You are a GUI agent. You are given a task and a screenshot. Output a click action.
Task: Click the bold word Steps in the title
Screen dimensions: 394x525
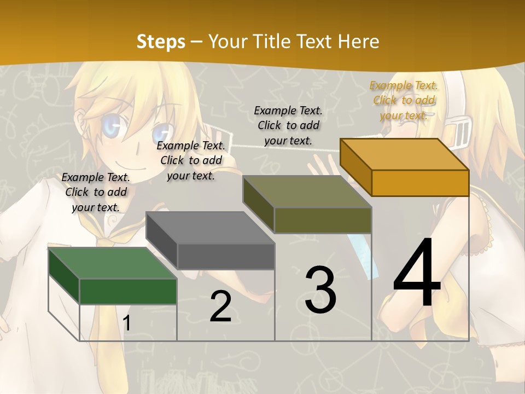[x=161, y=42]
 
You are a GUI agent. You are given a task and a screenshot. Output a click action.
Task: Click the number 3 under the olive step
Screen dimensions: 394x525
[x=320, y=290]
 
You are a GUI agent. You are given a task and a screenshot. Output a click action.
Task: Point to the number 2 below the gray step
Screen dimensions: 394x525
[x=220, y=306]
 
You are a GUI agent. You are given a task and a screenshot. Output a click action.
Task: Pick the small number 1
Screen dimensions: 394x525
[x=127, y=323]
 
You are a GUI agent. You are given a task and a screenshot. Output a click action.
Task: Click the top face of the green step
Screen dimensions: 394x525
[x=112, y=263]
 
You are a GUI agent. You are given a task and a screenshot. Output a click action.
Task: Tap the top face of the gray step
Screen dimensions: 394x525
[x=210, y=227]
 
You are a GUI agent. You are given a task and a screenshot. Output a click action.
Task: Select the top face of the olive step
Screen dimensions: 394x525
[x=307, y=192]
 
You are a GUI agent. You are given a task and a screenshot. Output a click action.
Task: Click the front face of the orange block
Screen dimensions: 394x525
[x=420, y=183]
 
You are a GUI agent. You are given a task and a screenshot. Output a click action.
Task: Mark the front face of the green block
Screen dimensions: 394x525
[x=128, y=291]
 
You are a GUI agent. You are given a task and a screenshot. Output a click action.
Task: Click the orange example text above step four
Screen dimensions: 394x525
[x=404, y=100]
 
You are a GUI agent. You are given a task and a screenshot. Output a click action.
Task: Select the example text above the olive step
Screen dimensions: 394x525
[x=288, y=125]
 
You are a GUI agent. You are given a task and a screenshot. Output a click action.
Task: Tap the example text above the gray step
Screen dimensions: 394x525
[x=191, y=160]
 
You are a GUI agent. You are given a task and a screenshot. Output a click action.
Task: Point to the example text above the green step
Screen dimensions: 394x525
[x=96, y=192]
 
